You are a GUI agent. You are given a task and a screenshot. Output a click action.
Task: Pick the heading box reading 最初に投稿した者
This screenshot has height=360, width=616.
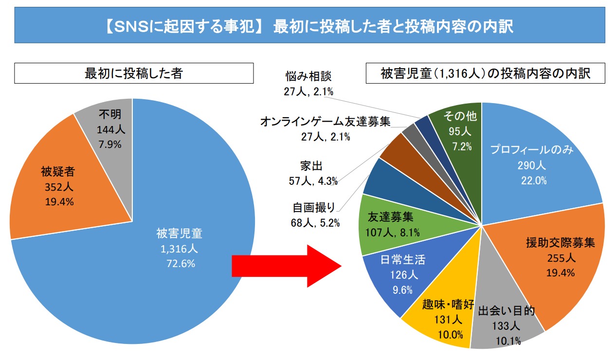point(134,73)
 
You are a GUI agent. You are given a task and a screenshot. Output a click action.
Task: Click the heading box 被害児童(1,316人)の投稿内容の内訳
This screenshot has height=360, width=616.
point(485,73)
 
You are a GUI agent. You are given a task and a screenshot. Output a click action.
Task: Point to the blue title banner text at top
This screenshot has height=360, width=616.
point(308,26)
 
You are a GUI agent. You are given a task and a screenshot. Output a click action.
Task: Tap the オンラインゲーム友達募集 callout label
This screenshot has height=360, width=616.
point(325,121)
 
